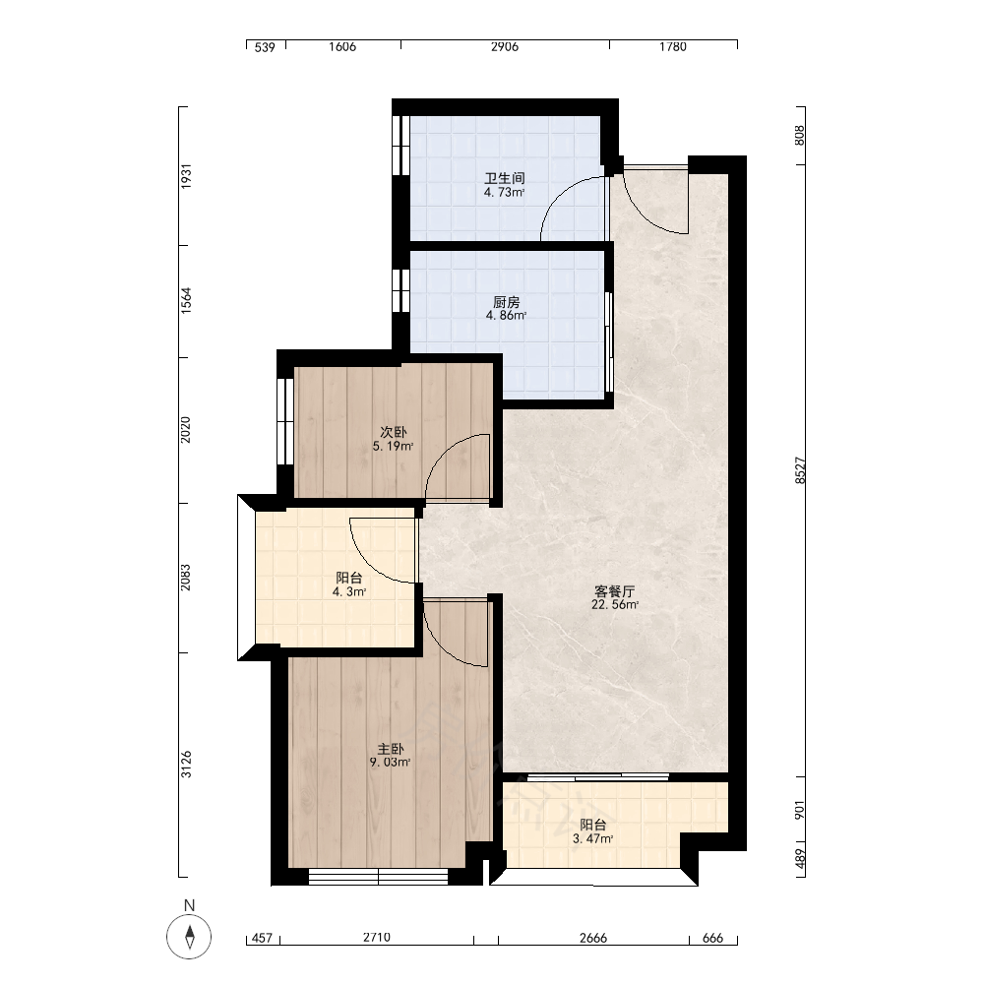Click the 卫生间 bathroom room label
tap(505, 178)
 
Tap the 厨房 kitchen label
tap(506, 302)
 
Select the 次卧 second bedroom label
tap(394, 432)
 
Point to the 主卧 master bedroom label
tap(391, 749)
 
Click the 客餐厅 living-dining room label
tap(615, 591)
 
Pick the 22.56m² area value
tap(615, 605)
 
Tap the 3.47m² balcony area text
tap(593, 839)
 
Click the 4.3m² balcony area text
tap(349, 591)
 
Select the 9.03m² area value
tap(391, 763)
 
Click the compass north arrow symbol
tap(190, 937)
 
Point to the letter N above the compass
tap(190, 905)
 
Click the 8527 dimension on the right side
tap(800, 470)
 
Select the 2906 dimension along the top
tap(505, 47)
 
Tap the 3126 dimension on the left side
tap(186, 765)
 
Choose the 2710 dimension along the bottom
tap(377, 938)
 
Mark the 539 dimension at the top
tap(265, 47)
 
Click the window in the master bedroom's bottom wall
tap(379, 877)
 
